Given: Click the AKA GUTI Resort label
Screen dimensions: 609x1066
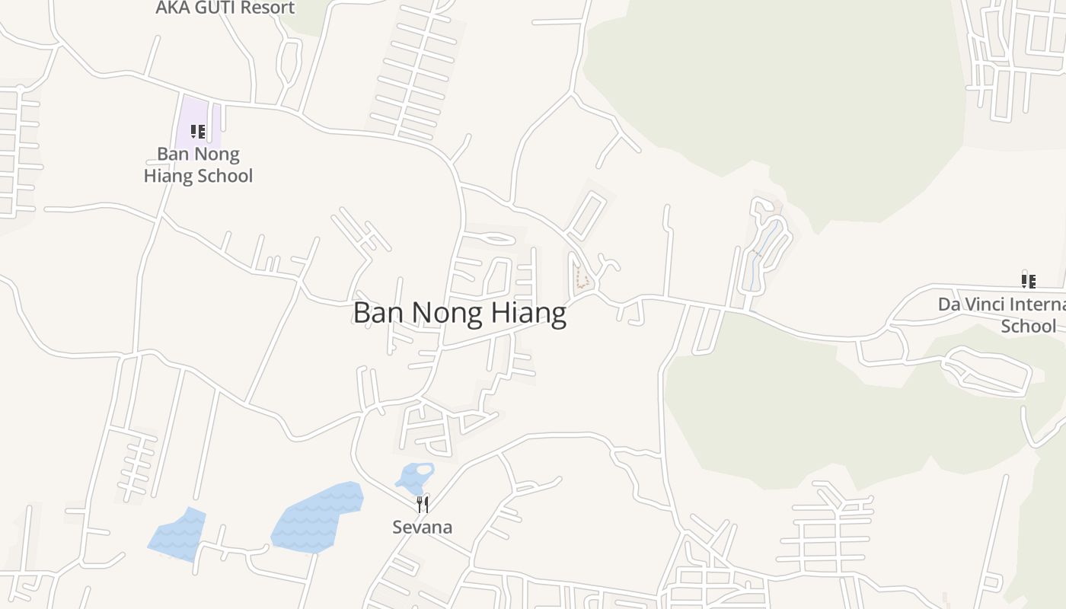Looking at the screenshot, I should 225,8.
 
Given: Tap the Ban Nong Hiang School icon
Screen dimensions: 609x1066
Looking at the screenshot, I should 198,132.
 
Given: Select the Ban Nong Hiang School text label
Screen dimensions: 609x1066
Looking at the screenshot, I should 198,165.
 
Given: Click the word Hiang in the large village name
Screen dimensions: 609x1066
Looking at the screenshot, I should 528,313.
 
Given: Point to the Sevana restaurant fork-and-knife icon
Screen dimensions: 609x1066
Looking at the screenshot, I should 423,504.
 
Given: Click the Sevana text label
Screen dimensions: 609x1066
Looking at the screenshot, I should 423,527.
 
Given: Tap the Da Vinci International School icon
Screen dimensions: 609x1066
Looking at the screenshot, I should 1029,281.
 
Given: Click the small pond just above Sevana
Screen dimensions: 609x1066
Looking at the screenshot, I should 414,477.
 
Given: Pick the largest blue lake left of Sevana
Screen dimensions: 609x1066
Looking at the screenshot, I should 316,516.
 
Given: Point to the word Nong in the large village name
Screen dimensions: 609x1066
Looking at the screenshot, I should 448,313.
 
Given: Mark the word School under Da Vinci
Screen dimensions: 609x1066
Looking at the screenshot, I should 1028,327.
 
